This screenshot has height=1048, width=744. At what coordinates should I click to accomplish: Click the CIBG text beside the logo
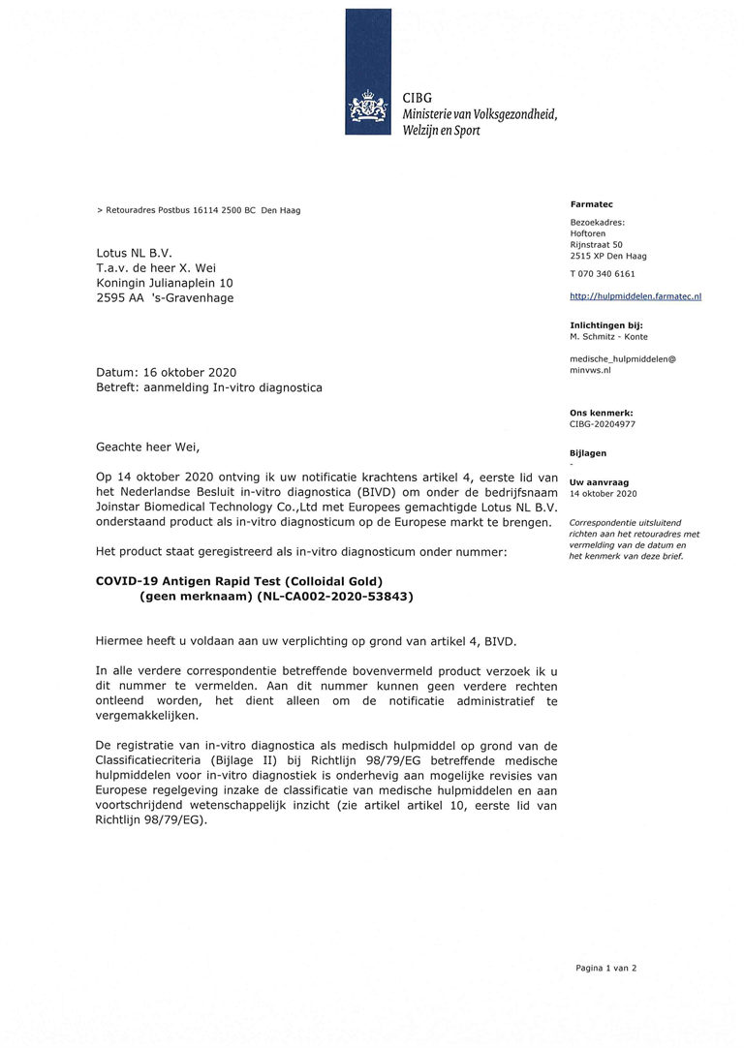(x=418, y=99)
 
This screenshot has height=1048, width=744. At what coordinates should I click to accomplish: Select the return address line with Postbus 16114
(x=199, y=210)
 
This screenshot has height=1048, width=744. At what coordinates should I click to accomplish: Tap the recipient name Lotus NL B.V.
(x=134, y=254)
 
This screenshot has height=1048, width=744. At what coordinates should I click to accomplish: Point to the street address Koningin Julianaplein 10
(x=165, y=283)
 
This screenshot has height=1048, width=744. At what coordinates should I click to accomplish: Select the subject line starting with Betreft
(x=208, y=387)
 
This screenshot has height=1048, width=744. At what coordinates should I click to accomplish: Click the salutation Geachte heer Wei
(x=147, y=447)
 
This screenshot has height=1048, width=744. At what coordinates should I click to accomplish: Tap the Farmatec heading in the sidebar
(x=591, y=204)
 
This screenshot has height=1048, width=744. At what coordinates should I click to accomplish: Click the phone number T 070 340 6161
(x=603, y=274)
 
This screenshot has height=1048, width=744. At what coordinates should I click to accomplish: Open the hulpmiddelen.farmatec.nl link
(x=635, y=296)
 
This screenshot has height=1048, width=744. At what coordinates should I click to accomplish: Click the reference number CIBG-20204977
(x=603, y=424)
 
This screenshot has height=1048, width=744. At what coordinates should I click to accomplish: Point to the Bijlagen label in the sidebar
(x=588, y=453)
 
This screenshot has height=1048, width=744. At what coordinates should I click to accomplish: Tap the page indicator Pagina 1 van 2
(x=605, y=968)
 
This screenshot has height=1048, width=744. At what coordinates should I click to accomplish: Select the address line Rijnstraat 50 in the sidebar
(x=596, y=245)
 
